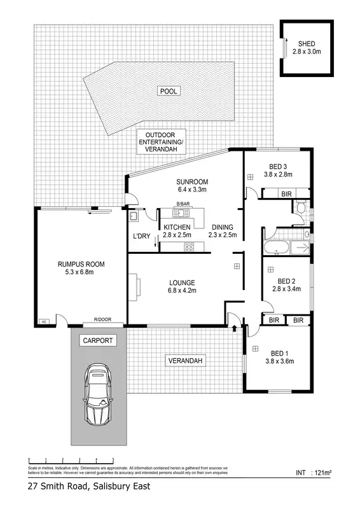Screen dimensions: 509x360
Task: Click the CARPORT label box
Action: [98, 340]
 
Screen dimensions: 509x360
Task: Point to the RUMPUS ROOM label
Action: [81, 264]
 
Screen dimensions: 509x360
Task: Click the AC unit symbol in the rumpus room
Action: [44, 321]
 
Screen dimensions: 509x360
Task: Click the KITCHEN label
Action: [177, 227]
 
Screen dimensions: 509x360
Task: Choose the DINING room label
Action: [222, 227]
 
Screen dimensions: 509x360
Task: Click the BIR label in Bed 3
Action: [287, 193]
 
